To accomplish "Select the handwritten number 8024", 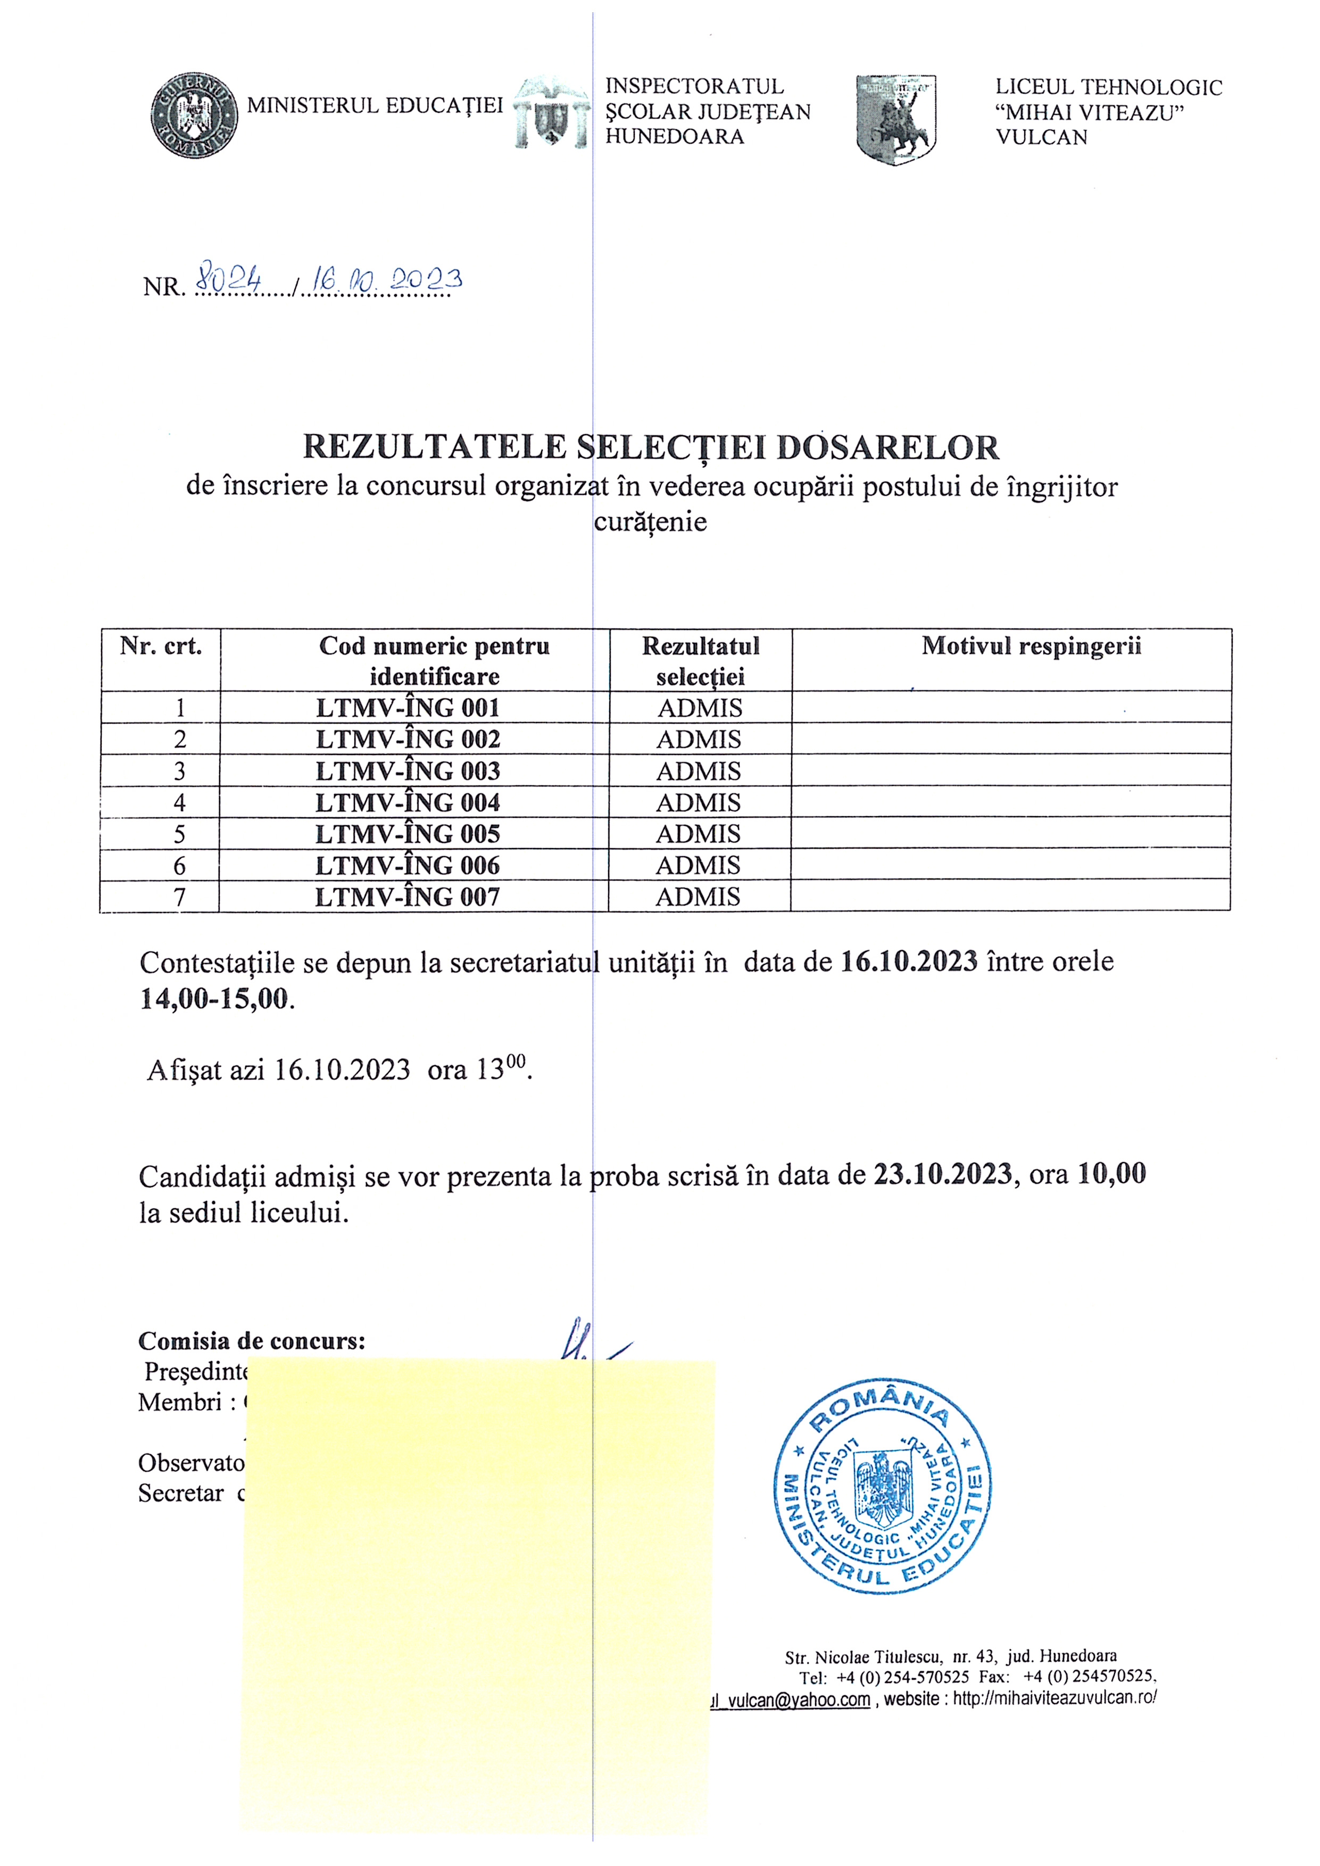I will tap(225, 280).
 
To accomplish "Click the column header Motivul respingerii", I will tap(1031, 646).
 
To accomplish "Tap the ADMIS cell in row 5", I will tap(698, 834).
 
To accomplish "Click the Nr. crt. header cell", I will tap(161, 646).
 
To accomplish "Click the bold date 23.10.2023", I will tap(943, 1174).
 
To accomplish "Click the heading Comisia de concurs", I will tap(252, 1341).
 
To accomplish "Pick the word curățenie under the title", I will tap(650, 522).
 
